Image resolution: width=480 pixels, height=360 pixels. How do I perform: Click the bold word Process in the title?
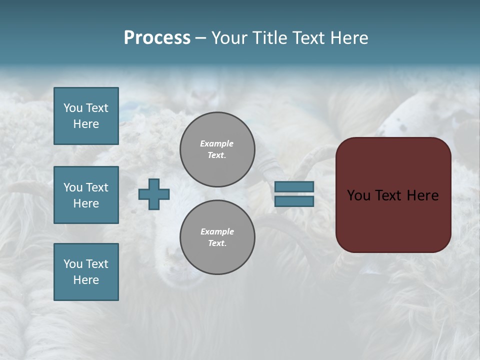157,38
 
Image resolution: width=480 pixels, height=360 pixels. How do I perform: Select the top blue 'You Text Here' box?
86,116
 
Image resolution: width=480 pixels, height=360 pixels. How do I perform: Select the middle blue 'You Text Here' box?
86,195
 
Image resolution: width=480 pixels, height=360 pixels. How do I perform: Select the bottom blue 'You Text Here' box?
86,272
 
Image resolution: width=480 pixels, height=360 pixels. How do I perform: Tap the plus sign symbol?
154,194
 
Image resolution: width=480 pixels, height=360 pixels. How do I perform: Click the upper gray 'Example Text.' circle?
217,149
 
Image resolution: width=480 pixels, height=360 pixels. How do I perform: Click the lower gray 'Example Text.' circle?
217,237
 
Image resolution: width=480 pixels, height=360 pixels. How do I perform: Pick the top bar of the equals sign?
294,187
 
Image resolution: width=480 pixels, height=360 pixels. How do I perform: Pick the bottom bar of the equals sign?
294,201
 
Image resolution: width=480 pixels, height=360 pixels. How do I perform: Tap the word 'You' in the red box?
358,195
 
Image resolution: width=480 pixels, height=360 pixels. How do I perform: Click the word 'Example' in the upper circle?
217,143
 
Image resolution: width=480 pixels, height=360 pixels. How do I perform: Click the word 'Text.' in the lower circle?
217,243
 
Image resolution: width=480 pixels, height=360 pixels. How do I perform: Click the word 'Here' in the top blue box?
86,124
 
